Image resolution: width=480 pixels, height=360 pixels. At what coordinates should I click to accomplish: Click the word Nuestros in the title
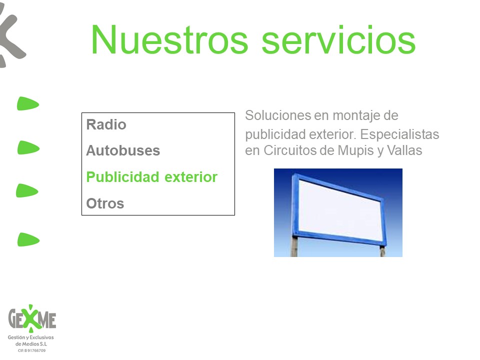click(x=169, y=40)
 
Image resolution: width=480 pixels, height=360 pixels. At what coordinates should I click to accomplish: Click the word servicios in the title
click(x=338, y=40)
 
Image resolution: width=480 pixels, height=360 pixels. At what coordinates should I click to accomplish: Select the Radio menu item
click(x=106, y=124)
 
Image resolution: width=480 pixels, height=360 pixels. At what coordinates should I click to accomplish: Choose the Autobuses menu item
click(x=123, y=150)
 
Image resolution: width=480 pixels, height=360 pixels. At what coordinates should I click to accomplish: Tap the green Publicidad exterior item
click(x=152, y=177)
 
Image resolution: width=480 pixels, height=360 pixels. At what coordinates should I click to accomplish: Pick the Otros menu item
click(x=105, y=203)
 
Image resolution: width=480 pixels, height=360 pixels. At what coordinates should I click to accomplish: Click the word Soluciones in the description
click(x=278, y=115)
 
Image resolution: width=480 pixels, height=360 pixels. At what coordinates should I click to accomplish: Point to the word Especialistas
click(x=399, y=134)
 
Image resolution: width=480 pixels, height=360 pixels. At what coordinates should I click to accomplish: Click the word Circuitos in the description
click(x=290, y=150)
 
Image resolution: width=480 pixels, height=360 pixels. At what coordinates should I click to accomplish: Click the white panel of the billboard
click(x=340, y=210)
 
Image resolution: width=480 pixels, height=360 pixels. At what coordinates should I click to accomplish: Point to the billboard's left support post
click(x=294, y=246)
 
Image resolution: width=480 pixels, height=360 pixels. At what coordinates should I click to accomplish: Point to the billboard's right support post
click(x=382, y=251)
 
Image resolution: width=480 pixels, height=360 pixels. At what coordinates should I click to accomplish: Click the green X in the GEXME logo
click(x=31, y=318)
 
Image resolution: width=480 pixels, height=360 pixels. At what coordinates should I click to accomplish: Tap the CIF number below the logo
click(x=31, y=350)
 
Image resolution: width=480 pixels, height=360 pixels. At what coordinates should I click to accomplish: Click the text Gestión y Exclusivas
click(x=30, y=337)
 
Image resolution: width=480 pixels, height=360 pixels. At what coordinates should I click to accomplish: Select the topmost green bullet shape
click(x=28, y=103)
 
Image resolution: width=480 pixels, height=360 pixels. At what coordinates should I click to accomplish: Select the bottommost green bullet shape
click(x=28, y=239)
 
